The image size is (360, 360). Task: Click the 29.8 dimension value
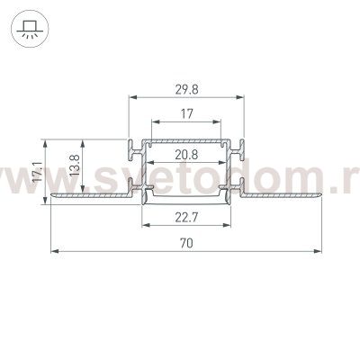tap(186, 87)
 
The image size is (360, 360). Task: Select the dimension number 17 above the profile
tap(186, 114)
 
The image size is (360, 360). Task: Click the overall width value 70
tap(186, 242)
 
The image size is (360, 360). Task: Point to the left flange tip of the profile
tap(52, 193)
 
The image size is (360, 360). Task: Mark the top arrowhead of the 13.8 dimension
tap(85, 140)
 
